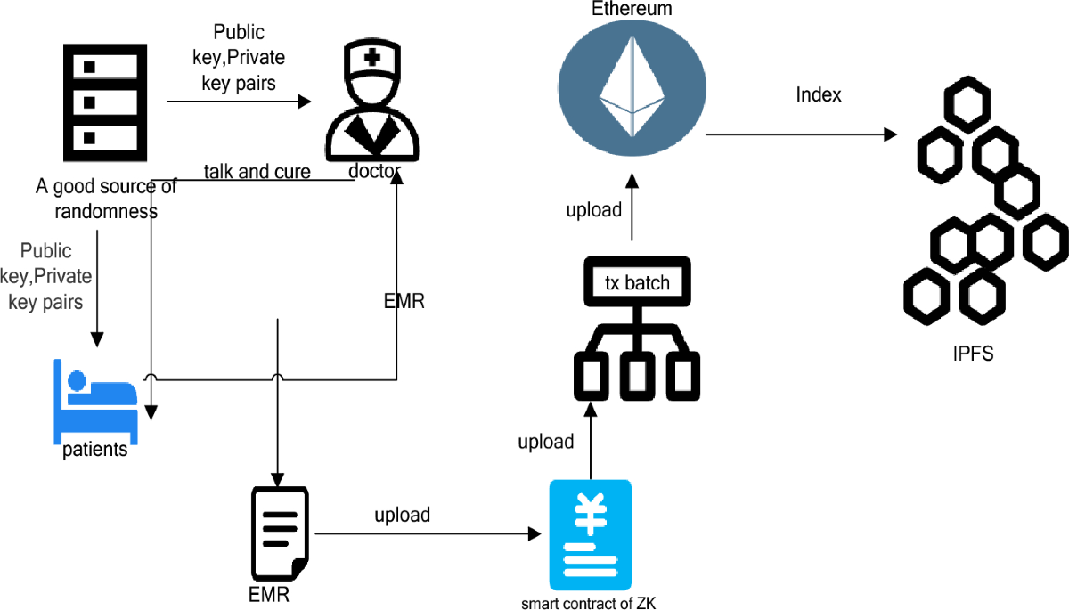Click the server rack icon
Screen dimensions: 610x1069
(100, 99)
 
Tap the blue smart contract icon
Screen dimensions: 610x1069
(590, 534)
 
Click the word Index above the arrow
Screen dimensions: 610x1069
(819, 94)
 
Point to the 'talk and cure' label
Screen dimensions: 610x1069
(257, 171)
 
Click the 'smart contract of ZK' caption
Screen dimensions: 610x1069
(589, 603)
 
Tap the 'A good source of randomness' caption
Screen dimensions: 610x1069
(106, 199)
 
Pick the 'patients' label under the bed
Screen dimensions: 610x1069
(95, 449)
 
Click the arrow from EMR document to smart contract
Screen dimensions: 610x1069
(428, 534)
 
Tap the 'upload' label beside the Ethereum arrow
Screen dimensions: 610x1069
(593, 210)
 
